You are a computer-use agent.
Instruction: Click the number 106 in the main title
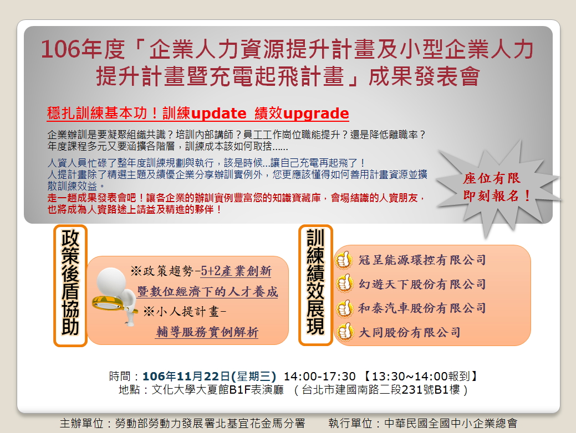click(x=60, y=49)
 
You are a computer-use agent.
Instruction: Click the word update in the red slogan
click(x=218, y=114)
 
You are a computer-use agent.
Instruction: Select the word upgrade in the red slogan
click(x=316, y=114)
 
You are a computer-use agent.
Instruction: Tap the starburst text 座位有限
click(x=491, y=178)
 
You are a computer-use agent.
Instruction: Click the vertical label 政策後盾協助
click(x=70, y=282)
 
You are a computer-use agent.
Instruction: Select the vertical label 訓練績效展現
click(x=315, y=282)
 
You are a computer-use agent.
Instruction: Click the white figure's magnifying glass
click(x=109, y=303)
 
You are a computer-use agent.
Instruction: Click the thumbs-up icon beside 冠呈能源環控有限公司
click(x=344, y=260)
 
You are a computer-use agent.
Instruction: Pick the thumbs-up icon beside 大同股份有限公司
click(x=344, y=332)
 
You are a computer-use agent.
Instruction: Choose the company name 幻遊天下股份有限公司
click(x=422, y=284)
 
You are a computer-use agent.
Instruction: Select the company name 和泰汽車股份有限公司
click(x=422, y=308)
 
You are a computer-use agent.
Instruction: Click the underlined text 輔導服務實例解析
click(x=207, y=332)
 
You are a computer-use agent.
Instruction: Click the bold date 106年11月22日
click(x=186, y=377)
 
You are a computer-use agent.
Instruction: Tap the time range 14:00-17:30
click(x=319, y=377)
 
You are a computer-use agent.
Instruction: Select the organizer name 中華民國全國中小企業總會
click(x=451, y=424)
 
